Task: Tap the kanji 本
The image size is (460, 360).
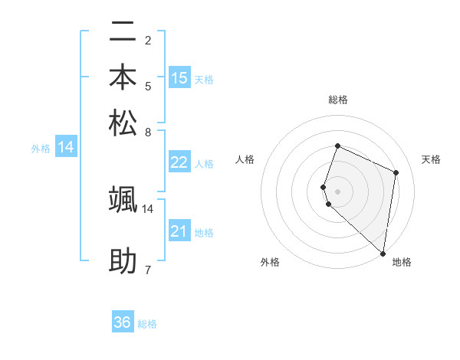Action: coord(123,77)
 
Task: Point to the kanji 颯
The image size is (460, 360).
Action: coord(123,198)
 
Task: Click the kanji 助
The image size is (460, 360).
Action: coord(123,261)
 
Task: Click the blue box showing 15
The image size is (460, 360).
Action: coord(179,78)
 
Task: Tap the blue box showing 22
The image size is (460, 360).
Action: coord(179,162)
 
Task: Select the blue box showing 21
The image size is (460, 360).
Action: coord(179,231)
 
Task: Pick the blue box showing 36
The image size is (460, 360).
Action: coord(123,322)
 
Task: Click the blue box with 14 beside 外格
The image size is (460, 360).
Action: coord(66,148)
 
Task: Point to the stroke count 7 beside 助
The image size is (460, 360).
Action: coord(147,270)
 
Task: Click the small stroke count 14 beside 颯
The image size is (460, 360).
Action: coord(148,208)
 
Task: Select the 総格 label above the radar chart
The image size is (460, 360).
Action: coord(337,100)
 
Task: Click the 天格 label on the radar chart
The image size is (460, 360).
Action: coord(431,159)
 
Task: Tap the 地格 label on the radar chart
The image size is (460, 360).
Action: coord(402,262)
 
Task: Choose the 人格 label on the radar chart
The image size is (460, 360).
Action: coord(245,159)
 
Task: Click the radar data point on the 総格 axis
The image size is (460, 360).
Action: coord(337,146)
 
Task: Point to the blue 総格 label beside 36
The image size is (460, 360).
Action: coord(147,324)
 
